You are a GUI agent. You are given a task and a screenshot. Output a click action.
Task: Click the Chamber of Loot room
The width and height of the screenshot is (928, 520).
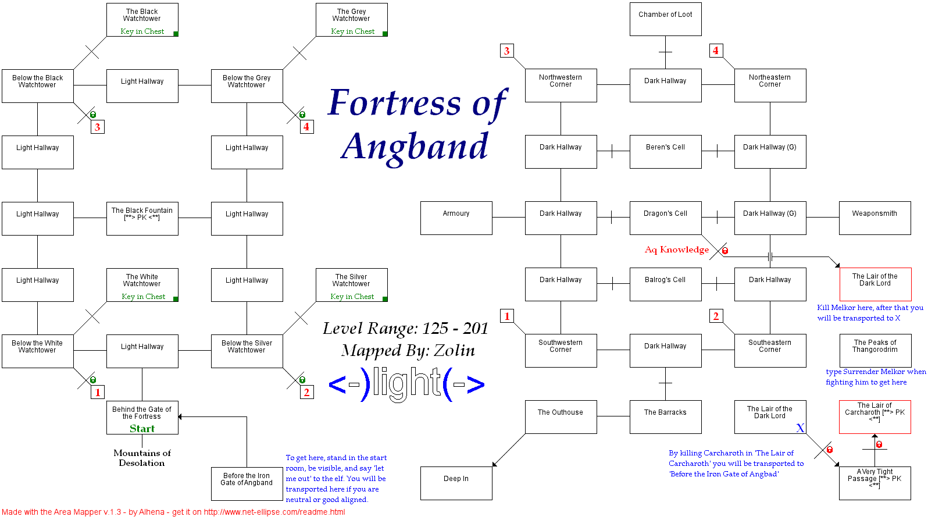click(x=665, y=19)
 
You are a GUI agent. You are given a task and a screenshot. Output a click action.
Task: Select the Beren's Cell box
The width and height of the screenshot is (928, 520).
click(x=665, y=152)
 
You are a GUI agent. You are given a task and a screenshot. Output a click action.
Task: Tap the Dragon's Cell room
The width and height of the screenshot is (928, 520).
click(x=665, y=218)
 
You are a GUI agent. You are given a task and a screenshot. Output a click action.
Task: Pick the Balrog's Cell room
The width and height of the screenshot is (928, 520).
click(x=665, y=284)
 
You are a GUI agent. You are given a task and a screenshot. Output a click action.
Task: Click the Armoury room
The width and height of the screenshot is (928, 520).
click(x=456, y=218)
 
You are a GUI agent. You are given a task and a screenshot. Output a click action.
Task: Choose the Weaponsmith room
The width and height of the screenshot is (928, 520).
click(x=875, y=218)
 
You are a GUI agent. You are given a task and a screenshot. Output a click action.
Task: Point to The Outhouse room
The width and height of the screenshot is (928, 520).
click(x=561, y=417)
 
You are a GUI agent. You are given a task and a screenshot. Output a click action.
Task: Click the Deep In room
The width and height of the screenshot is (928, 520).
click(x=456, y=483)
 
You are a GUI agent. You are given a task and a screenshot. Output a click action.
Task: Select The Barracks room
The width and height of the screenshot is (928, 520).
click(x=665, y=417)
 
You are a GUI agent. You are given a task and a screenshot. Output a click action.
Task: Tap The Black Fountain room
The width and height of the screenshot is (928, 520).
click(x=142, y=219)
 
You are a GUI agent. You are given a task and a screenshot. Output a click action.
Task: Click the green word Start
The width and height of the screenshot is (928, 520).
click(x=142, y=429)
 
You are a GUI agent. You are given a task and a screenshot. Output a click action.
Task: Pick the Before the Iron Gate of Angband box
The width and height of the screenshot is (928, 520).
click(x=247, y=483)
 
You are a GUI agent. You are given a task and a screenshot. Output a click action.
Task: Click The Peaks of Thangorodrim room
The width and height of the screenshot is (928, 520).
click(x=875, y=351)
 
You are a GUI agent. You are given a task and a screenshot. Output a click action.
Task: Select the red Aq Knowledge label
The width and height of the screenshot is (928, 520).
click(x=676, y=250)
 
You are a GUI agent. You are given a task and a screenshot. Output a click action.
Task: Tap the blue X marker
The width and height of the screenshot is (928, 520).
click(x=800, y=428)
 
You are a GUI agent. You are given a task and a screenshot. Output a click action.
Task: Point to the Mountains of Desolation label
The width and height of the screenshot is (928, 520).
click(x=142, y=458)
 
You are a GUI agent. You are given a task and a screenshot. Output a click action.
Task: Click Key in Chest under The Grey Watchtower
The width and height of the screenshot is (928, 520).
click(x=352, y=31)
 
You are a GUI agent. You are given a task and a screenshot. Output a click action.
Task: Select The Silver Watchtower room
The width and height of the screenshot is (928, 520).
click(x=351, y=284)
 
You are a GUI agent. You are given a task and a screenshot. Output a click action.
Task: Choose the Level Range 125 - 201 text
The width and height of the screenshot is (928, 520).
click(x=405, y=329)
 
